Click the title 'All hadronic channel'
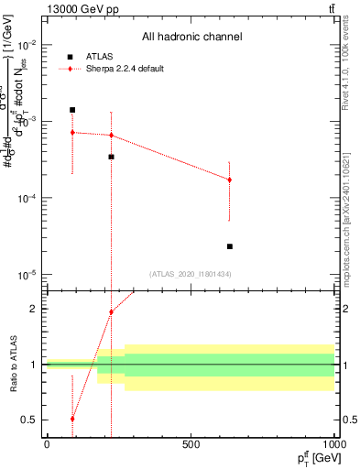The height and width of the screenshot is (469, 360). (x=191, y=38)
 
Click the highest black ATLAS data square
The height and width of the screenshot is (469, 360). (x=72, y=110)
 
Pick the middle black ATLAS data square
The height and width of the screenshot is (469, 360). (x=111, y=157)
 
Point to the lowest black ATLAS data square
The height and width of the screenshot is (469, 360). (x=230, y=246)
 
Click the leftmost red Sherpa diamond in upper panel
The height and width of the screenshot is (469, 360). (x=72, y=133)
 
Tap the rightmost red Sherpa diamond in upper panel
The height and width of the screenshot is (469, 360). (x=230, y=180)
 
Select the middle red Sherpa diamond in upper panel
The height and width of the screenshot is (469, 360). (x=111, y=136)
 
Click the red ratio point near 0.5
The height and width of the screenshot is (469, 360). (x=72, y=419)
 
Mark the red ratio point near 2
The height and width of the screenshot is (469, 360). (x=111, y=312)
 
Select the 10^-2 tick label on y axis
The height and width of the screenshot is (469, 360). (x=26, y=45)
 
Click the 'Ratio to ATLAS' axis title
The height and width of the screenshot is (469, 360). (x=13, y=365)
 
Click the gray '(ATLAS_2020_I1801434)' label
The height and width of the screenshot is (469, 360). (x=191, y=273)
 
